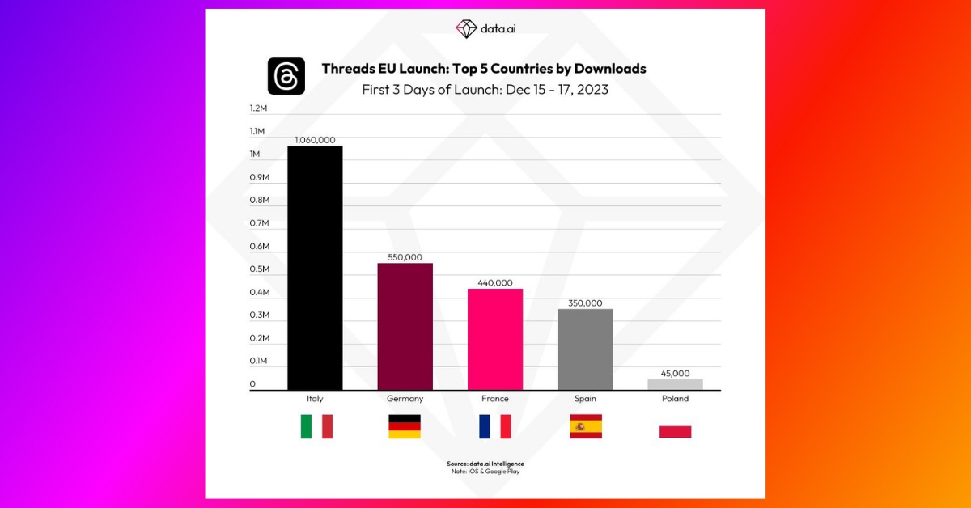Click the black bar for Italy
coord(315,268)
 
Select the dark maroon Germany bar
coord(405,327)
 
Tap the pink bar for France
coord(494,339)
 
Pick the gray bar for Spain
coord(585,349)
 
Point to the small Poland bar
coord(675,384)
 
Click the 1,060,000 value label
coord(315,140)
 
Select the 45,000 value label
coord(675,373)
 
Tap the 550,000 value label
coord(405,256)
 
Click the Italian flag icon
coord(316,426)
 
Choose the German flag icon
coord(405,426)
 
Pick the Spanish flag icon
coord(585,426)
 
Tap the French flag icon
coord(494,426)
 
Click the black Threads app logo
coord(286,76)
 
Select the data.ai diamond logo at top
coord(467,28)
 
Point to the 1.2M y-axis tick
coord(258,108)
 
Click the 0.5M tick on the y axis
coord(259,269)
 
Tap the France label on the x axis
coord(494,399)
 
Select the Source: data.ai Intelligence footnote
coord(485,464)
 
